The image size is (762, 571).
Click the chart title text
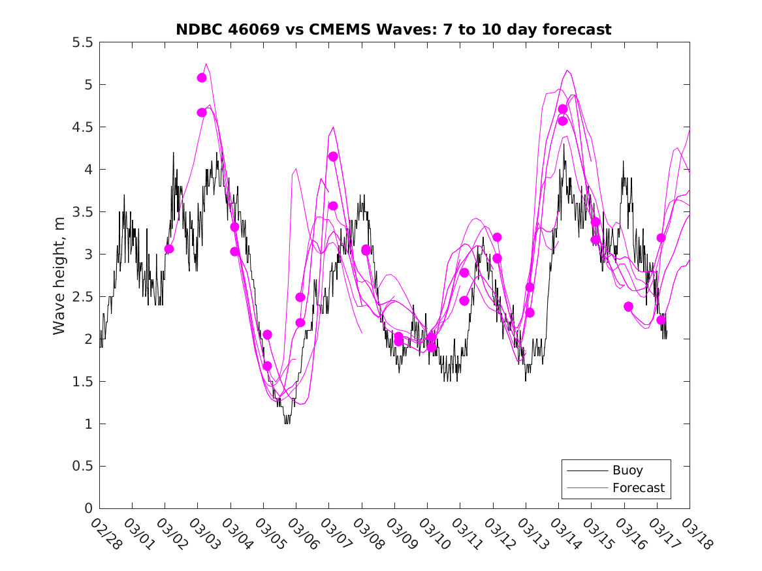point(394,29)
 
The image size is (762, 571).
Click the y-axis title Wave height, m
point(59,275)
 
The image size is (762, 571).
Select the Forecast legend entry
point(638,487)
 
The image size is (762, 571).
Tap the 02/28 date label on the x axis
point(104,533)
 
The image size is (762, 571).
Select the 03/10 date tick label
point(432,533)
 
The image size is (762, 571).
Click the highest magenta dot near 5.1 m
point(202,78)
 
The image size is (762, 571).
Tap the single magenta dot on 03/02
point(169,249)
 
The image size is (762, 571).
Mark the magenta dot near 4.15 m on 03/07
point(333,157)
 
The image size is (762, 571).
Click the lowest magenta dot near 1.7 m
point(267,366)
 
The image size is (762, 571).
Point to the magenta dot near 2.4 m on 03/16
point(628,307)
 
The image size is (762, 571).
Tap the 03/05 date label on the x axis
point(268,533)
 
